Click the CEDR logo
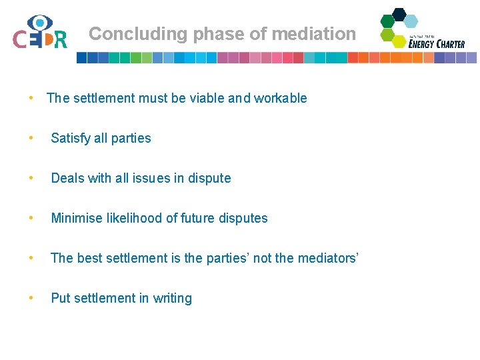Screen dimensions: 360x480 coord(40,33)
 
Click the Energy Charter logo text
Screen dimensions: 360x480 coord(437,43)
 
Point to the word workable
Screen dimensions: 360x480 coord(280,98)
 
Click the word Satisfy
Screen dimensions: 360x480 coord(70,138)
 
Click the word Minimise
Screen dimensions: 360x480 coord(77,218)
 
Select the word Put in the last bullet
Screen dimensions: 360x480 coord(60,298)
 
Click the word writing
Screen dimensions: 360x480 coord(172,298)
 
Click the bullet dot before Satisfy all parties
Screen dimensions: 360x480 coord(31,138)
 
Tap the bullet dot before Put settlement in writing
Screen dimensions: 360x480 coord(31,298)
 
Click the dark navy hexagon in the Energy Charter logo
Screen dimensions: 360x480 coord(399,13)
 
